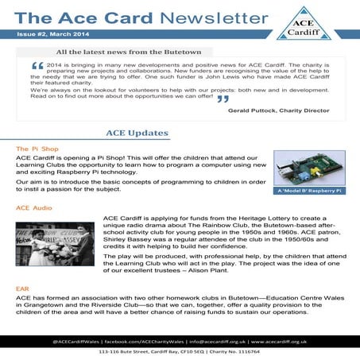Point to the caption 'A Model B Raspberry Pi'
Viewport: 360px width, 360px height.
coord(308,191)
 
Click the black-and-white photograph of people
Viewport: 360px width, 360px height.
coord(55,242)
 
